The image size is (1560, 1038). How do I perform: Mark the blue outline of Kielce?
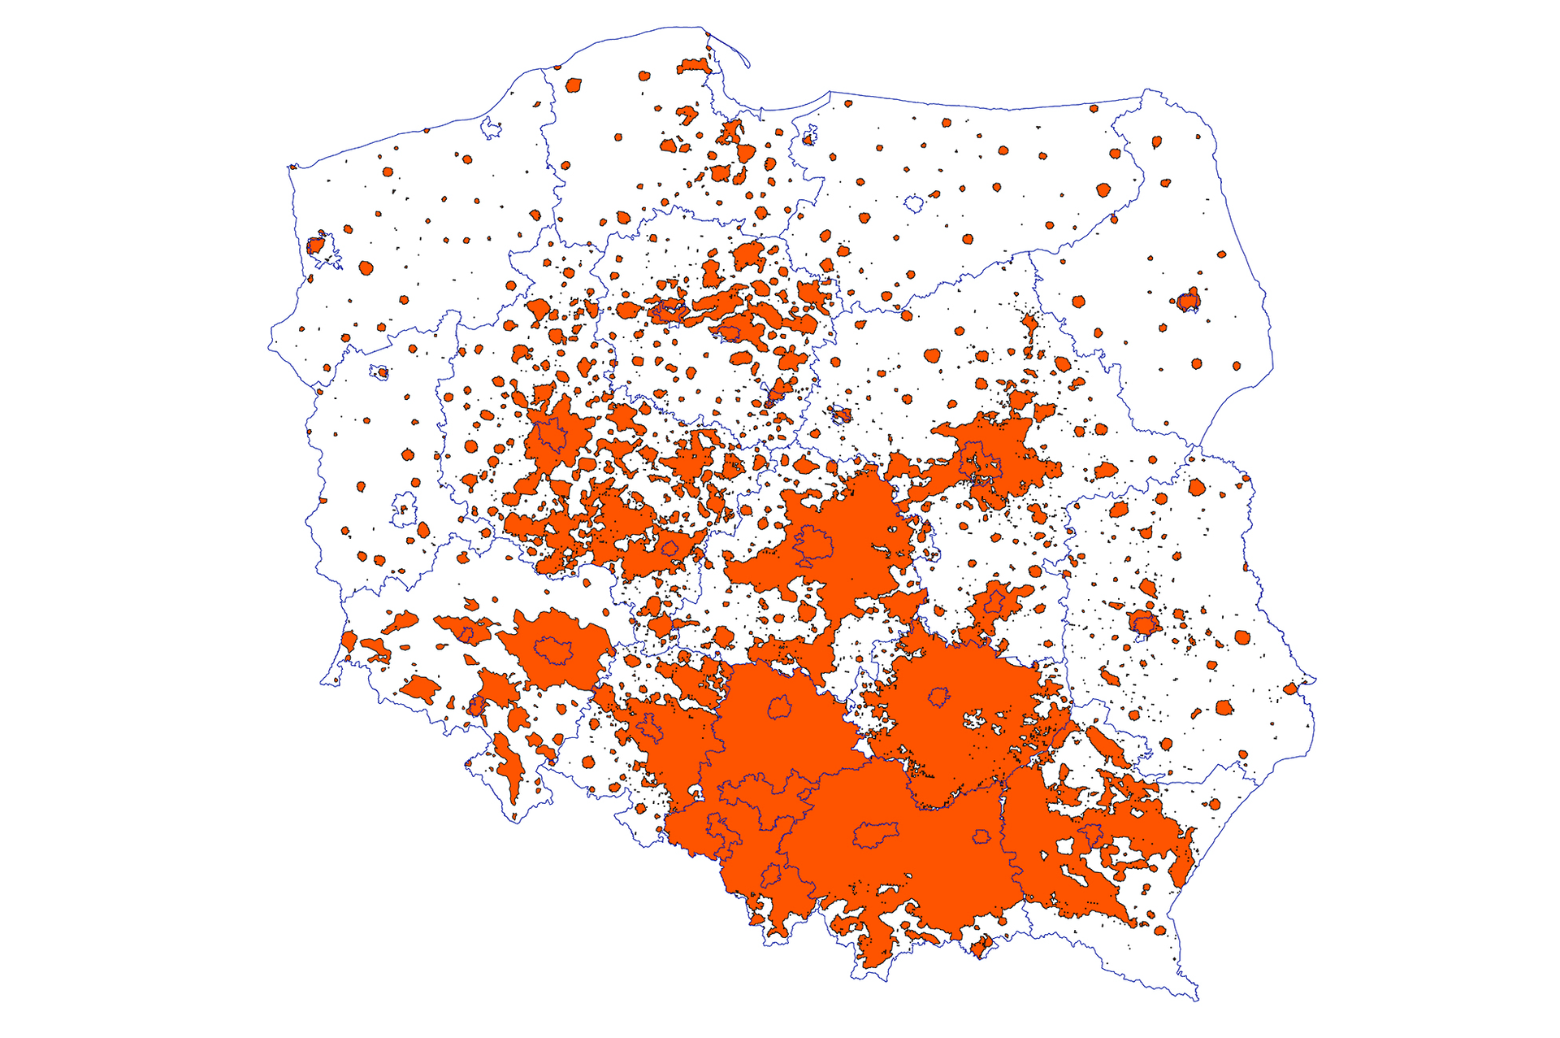[939, 697]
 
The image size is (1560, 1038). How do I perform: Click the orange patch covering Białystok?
[1188, 300]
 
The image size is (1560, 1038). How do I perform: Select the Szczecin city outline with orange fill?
[316, 244]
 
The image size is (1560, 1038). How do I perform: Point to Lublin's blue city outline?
[1144, 624]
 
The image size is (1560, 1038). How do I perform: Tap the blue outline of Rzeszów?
[1090, 834]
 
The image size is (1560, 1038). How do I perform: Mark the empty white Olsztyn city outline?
[915, 203]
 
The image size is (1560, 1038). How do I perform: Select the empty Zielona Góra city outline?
[404, 508]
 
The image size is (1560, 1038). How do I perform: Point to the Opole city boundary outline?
[650, 728]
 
